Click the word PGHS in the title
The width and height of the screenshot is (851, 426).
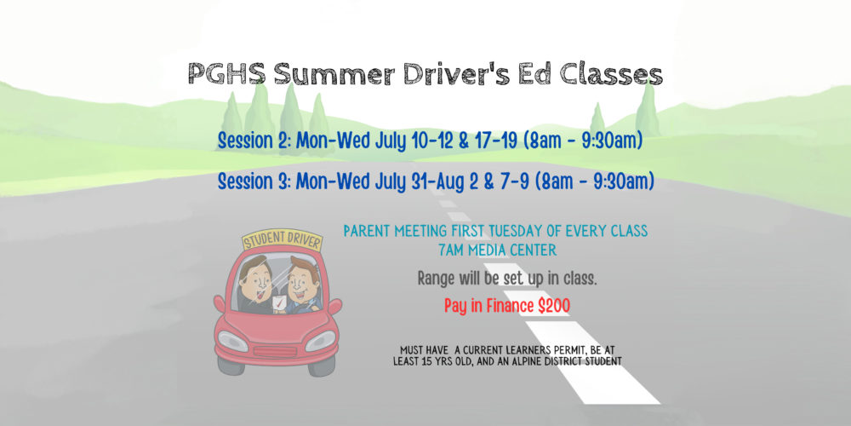(227, 74)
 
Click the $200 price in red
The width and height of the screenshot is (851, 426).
(554, 307)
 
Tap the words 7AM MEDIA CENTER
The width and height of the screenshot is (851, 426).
(497, 250)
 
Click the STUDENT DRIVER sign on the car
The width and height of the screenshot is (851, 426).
(283, 239)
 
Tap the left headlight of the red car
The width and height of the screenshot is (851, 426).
(233, 341)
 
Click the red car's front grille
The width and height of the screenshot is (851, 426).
(277, 352)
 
